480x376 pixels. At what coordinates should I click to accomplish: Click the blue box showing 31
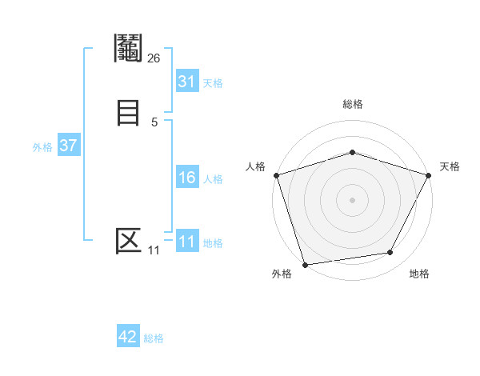coord(186,82)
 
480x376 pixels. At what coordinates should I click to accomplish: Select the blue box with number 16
coord(186,178)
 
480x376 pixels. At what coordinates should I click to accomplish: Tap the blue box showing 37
coord(68,146)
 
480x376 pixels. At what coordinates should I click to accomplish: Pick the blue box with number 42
coord(128,337)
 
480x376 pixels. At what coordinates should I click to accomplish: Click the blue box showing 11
coord(186,242)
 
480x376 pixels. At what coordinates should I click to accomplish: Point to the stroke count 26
coord(154,58)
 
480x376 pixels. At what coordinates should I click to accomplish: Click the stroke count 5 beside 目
coord(154,122)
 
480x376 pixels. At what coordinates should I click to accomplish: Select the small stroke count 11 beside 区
coord(154,250)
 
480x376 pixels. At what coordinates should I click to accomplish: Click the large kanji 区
coord(128,240)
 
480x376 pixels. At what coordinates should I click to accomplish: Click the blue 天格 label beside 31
coord(213,83)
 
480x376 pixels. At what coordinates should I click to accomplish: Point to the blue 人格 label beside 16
coord(213,179)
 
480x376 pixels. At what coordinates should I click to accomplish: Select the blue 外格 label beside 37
coord(42,147)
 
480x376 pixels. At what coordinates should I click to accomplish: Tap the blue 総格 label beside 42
coord(154,338)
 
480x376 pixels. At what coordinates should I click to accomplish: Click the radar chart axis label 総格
coord(352,104)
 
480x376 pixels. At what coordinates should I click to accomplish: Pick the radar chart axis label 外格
coord(282,274)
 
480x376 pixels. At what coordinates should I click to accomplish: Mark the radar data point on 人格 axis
coord(276,175)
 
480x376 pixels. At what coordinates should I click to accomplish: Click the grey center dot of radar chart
coord(352,200)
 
